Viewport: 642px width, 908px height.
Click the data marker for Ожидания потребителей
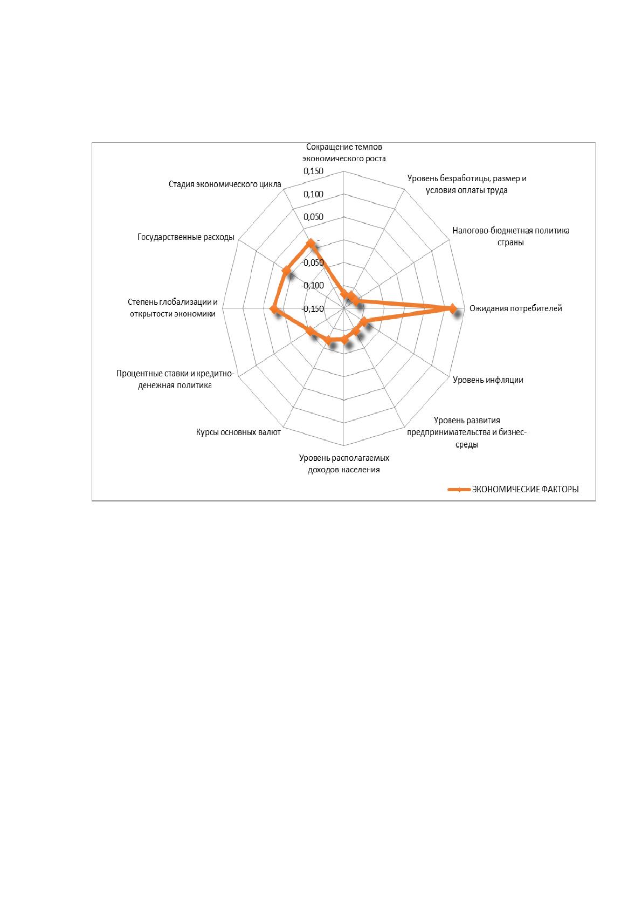coord(452,308)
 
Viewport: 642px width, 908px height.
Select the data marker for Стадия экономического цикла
coord(311,243)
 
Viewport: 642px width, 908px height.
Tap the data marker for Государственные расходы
coord(287,271)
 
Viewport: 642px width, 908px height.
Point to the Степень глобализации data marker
coord(274,309)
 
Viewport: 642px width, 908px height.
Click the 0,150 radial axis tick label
coord(313,171)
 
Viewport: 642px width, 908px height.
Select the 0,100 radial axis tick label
coord(313,194)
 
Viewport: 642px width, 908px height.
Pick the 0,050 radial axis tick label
coord(313,217)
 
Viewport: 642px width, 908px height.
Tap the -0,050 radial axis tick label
coord(313,263)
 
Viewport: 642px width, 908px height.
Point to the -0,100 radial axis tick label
coord(313,285)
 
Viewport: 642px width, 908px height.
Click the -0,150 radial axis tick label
coord(313,309)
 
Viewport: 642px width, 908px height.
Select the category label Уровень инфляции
coord(488,380)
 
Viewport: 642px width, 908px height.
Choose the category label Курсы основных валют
coord(238,432)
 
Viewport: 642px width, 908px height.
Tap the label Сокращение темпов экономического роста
coord(344,153)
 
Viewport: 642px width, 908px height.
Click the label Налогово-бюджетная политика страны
coord(510,236)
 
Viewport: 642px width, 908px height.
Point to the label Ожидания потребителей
coord(515,308)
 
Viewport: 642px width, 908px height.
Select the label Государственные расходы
coord(185,237)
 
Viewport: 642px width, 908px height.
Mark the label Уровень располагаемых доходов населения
coord(344,464)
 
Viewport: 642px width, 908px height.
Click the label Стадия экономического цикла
coord(225,184)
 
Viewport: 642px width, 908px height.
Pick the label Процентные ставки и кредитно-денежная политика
coord(175,379)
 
